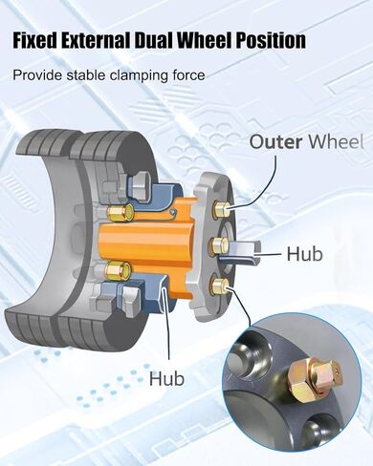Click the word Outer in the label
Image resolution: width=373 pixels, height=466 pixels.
275,141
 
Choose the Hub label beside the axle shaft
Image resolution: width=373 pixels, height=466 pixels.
304,254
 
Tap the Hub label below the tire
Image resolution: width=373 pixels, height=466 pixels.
167,379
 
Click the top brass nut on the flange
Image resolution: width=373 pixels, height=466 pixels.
220,209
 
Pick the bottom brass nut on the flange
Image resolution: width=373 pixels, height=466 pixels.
219,286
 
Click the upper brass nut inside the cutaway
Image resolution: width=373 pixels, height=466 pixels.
121,212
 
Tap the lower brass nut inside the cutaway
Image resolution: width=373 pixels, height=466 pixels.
119,270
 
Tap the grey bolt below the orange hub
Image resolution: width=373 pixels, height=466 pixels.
132,300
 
